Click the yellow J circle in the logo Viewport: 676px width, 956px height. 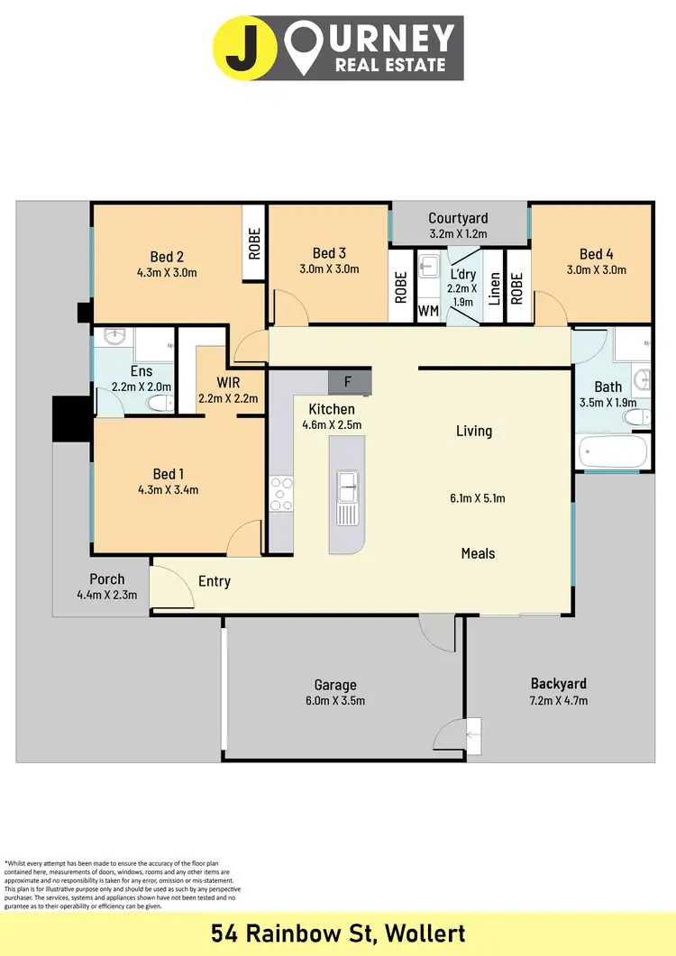click(239, 48)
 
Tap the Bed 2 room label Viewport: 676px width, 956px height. click(167, 257)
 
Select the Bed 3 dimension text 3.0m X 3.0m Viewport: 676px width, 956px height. click(329, 269)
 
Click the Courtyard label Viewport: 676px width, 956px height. click(458, 218)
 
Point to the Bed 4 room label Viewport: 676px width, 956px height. click(596, 254)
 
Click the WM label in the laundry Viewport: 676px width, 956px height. click(428, 311)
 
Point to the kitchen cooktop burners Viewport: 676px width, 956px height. click(281, 494)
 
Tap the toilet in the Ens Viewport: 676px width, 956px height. click(160, 403)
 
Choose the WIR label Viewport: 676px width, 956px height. click(229, 382)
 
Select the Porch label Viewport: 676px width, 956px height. click(106, 578)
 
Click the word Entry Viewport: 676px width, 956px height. click(215, 581)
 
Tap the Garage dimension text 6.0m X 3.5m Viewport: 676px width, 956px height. click(335, 700)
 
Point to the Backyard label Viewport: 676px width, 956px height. click(558, 684)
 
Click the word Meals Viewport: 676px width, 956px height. click(478, 553)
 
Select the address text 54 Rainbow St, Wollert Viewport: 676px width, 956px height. click(338, 932)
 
